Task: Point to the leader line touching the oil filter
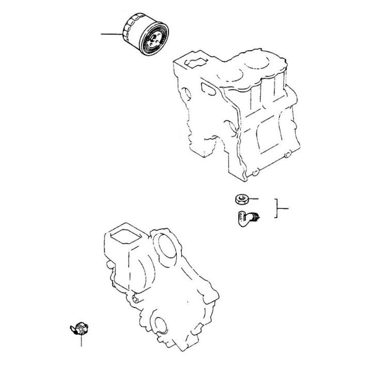[112, 35]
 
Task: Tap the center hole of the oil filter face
[154, 40]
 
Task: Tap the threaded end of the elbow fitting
[256, 215]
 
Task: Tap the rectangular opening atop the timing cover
[122, 237]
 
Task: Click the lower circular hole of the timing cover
[161, 325]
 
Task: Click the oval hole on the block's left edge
[189, 93]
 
